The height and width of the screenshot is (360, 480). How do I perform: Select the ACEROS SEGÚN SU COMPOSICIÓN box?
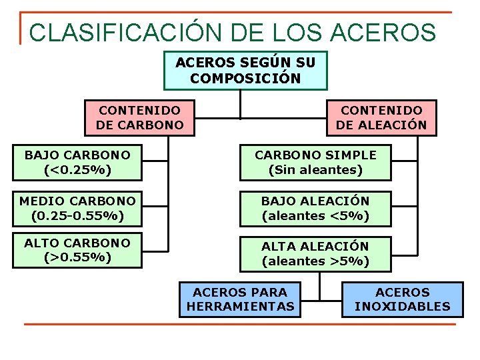(245, 71)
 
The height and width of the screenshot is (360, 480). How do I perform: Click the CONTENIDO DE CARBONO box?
(139, 117)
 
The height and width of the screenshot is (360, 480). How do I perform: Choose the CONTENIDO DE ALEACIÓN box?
(381, 117)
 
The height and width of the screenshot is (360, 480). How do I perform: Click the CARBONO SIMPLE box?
(315, 163)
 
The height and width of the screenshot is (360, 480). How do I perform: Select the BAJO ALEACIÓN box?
(315, 209)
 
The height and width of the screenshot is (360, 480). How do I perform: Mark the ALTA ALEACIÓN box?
(315, 254)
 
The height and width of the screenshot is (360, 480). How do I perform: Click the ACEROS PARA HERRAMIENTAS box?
(240, 299)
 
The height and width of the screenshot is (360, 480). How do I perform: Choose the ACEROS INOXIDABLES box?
(403, 299)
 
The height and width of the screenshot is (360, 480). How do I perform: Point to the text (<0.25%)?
(77, 170)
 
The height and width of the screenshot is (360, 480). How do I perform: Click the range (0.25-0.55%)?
(77, 216)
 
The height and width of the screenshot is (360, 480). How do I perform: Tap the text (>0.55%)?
(77, 257)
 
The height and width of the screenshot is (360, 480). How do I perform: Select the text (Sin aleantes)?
(315, 170)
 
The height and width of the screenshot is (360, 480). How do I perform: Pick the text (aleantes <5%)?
(315, 216)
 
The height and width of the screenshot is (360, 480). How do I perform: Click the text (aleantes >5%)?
(315, 261)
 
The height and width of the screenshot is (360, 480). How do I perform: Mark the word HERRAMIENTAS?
(240, 307)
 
